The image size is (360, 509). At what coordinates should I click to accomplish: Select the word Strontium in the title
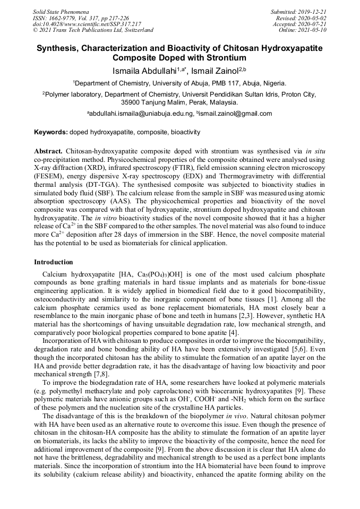[x=224, y=58]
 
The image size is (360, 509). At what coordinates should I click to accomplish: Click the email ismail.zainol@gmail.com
[x=236, y=114]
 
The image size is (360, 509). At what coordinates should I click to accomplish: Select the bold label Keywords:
[x=51, y=132]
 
